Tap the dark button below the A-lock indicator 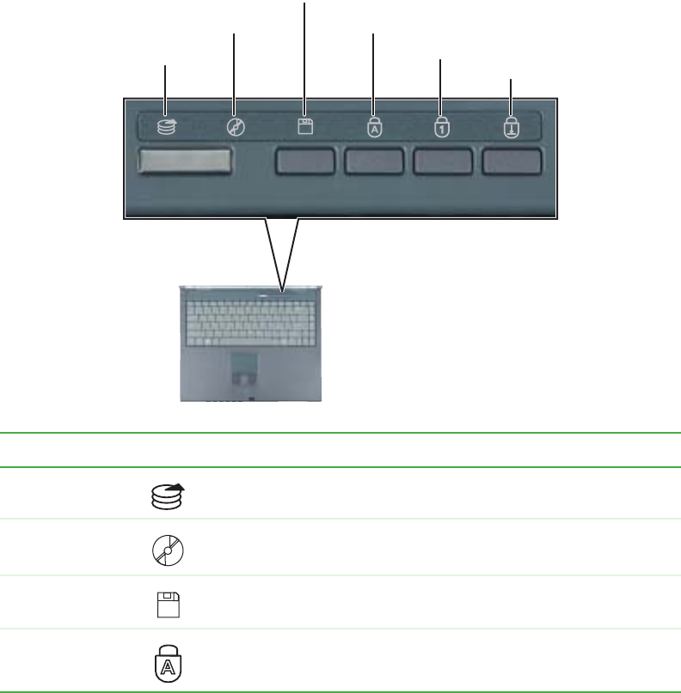pos(374,161)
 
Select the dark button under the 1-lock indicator pos(443,161)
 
